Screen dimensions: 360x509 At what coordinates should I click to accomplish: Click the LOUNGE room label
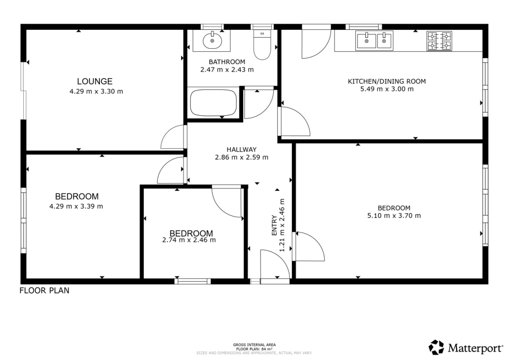click(x=94, y=82)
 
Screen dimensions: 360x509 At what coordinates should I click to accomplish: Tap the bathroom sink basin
click(x=213, y=40)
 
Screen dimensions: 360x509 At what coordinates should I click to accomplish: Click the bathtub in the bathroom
click(x=213, y=102)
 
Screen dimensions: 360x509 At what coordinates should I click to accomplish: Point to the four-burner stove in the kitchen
click(x=439, y=41)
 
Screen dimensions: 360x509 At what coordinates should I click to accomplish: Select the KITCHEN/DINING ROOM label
click(x=386, y=81)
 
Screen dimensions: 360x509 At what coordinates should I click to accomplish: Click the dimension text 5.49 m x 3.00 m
click(x=386, y=90)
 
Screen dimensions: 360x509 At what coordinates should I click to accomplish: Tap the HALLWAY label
click(x=241, y=149)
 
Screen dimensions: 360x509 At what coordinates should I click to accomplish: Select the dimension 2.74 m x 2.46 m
click(x=189, y=240)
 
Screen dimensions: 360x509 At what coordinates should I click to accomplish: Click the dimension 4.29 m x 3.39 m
click(x=77, y=206)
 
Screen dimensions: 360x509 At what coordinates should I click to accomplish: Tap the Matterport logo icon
click(x=436, y=347)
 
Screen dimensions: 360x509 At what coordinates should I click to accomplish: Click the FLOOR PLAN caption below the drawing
click(x=44, y=291)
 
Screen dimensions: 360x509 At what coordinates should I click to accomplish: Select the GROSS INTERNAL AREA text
click(x=254, y=345)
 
